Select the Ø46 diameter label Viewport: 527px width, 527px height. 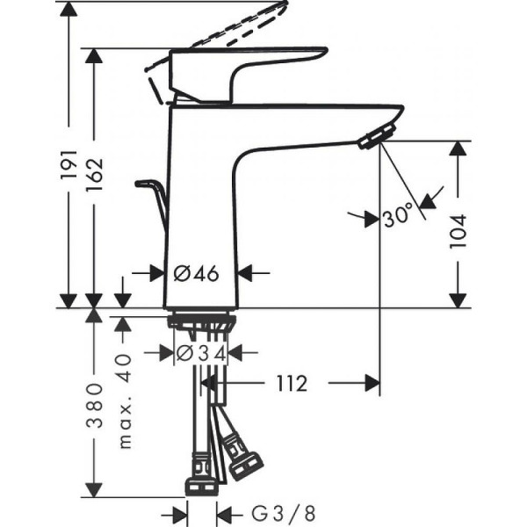pyautogui.click(x=196, y=274)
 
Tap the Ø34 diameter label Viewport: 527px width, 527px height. pyautogui.click(x=201, y=353)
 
